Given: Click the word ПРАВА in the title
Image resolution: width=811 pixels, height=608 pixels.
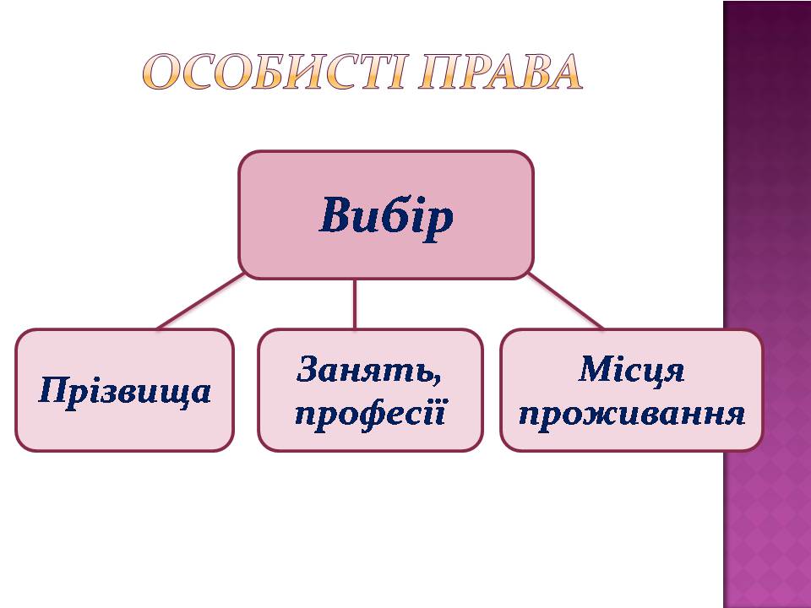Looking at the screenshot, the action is [x=500, y=72].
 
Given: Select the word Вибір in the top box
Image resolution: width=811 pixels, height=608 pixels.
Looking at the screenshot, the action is [x=386, y=216].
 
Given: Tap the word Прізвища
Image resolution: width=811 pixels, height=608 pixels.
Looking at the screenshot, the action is [x=125, y=391].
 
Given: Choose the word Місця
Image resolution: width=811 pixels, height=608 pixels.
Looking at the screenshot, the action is [x=632, y=371].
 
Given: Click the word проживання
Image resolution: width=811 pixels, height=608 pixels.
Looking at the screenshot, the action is [x=632, y=415].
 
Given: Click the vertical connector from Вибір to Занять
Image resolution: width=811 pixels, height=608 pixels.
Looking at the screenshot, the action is [x=355, y=304].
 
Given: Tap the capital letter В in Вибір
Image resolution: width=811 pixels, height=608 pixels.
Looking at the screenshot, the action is [x=336, y=214].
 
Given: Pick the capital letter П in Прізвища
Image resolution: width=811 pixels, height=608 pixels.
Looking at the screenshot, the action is [x=54, y=389].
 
